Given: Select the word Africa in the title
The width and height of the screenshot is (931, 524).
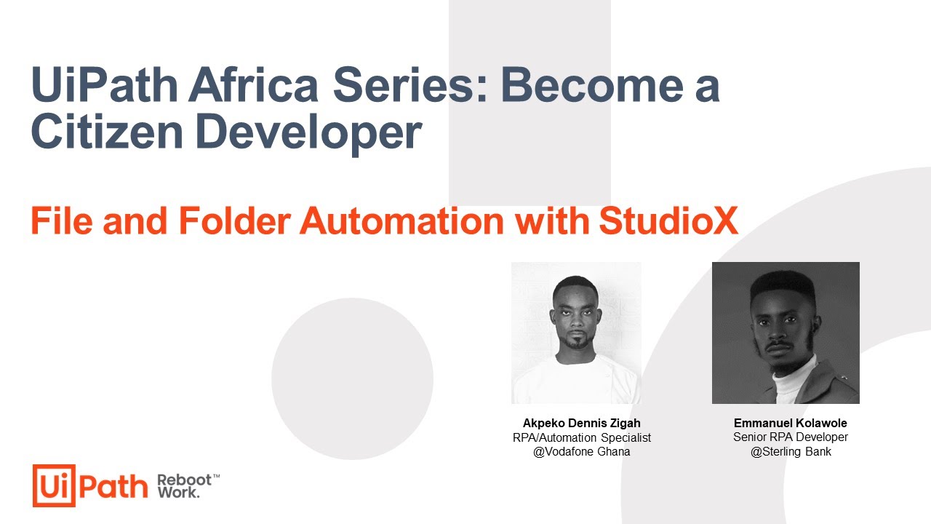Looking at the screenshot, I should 253,85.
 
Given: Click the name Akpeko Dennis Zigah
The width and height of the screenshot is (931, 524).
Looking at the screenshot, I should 581,423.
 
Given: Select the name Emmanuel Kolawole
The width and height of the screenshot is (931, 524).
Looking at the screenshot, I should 790,423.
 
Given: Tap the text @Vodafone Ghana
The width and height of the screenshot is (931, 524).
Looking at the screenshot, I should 581,452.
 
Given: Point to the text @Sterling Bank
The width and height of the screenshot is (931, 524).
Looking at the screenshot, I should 791,452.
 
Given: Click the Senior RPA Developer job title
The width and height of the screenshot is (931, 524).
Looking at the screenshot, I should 790,437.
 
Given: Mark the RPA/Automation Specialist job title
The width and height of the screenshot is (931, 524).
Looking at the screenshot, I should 581,437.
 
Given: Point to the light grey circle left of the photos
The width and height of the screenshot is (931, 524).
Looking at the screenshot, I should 352,378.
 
